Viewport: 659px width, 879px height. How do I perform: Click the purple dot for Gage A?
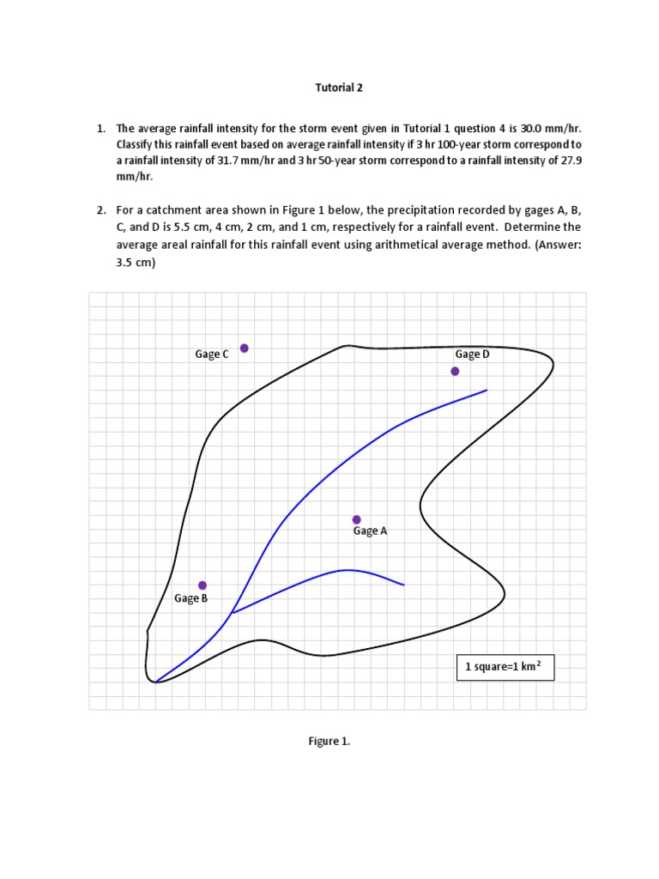coord(357,519)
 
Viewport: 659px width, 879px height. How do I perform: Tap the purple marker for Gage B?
coord(203,585)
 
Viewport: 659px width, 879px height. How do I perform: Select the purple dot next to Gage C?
coord(245,348)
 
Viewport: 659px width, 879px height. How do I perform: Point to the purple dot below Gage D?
coord(455,371)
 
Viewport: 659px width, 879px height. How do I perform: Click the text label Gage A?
coord(371,531)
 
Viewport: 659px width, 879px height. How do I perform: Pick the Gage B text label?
coord(191,598)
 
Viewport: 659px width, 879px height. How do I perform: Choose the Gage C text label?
coord(212,354)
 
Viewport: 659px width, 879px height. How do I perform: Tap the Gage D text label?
coord(473,354)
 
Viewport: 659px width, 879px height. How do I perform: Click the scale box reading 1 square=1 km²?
coord(505,667)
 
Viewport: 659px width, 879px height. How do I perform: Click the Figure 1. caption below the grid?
coord(329,743)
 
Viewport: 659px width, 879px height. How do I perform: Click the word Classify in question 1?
coord(137,144)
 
